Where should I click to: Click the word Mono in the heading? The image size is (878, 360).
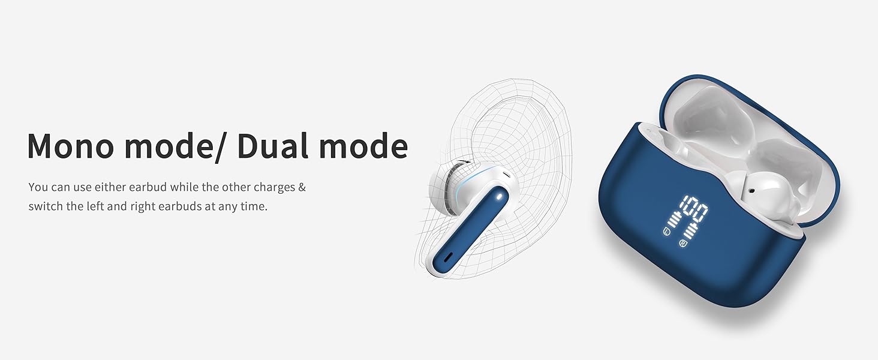(x=71, y=146)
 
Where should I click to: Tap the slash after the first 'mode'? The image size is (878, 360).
(x=220, y=146)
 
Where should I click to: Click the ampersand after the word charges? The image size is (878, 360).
(x=302, y=187)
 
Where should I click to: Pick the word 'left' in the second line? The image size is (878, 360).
(x=95, y=206)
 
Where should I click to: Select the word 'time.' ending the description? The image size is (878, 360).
(x=254, y=206)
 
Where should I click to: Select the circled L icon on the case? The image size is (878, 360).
(x=666, y=232)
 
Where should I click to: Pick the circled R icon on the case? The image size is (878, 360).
(x=683, y=244)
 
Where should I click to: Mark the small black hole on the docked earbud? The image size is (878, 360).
(x=751, y=191)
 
